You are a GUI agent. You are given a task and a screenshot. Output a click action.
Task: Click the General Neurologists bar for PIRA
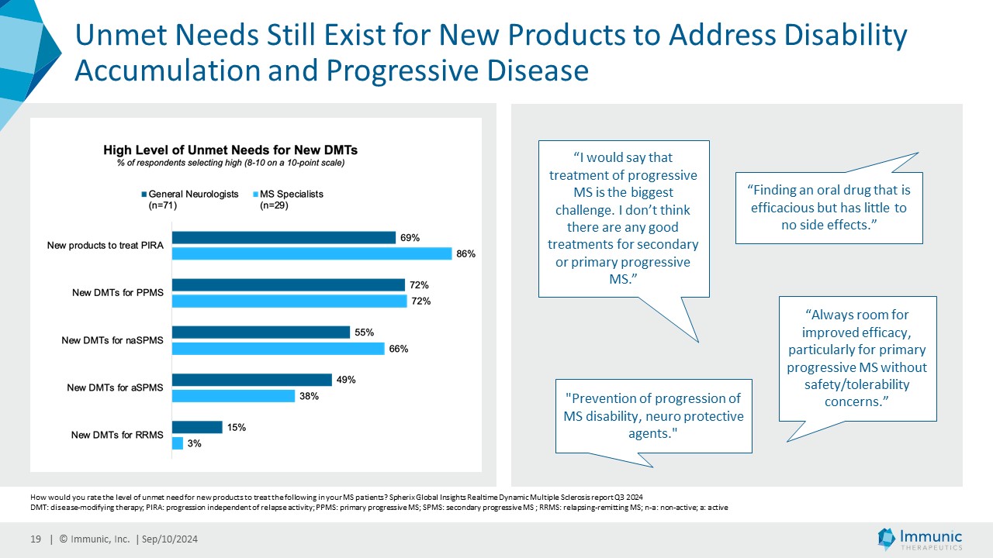[x=283, y=238]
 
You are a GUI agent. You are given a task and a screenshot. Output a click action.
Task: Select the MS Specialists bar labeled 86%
[x=311, y=253]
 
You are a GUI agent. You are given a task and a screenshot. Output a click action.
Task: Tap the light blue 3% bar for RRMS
[x=178, y=443]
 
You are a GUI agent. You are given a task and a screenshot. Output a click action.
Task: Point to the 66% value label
[x=399, y=349]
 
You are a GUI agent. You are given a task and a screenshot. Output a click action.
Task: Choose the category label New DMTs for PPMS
[x=117, y=293]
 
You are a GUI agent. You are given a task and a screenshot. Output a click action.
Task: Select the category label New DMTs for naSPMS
[x=112, y=340]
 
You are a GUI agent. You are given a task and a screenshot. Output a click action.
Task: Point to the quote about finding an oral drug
[x=829, y=207]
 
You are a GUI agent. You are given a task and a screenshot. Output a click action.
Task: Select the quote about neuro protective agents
[x=653, y=416]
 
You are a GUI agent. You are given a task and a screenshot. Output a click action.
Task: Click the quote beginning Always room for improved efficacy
[x=857, y=358]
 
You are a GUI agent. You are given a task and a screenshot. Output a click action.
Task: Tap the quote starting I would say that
[x=624, y=218]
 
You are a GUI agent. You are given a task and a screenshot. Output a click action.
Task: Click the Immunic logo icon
[x=887, y=538]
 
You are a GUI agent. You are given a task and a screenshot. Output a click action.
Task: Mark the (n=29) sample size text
[x=274, y=207]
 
